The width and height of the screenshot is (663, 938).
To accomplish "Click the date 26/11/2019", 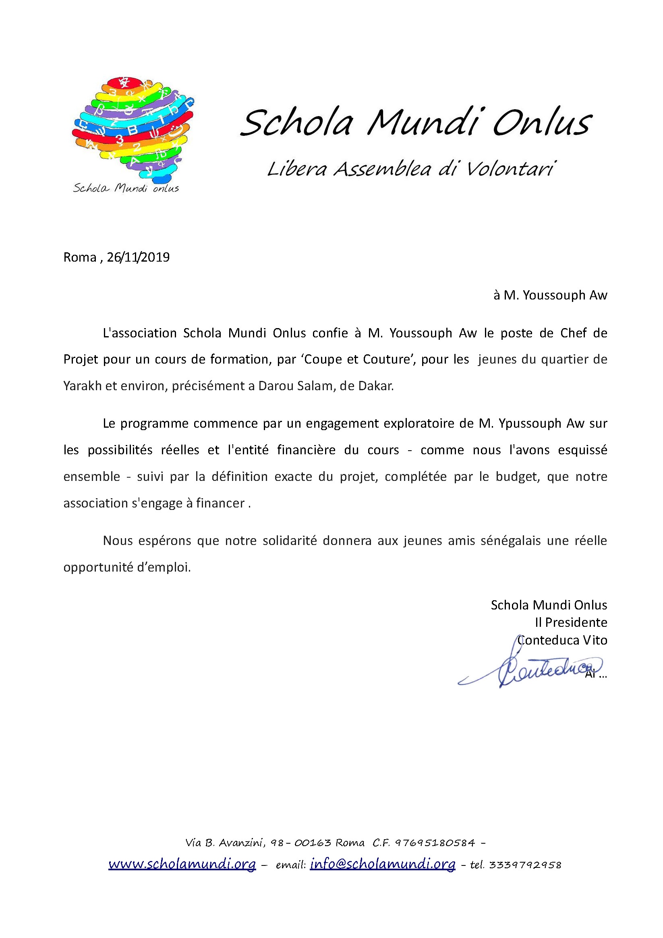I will coord(138,258).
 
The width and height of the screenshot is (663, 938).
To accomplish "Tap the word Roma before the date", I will coord(80,258).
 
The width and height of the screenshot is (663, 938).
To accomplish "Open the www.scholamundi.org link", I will coord(182,864).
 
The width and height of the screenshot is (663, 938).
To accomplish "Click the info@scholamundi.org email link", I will coord(383,864).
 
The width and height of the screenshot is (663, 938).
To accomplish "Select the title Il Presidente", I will coord(571,623).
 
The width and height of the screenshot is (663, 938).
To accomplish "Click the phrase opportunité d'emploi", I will coord(127,568).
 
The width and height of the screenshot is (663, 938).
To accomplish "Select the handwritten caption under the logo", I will coord(126,188).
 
